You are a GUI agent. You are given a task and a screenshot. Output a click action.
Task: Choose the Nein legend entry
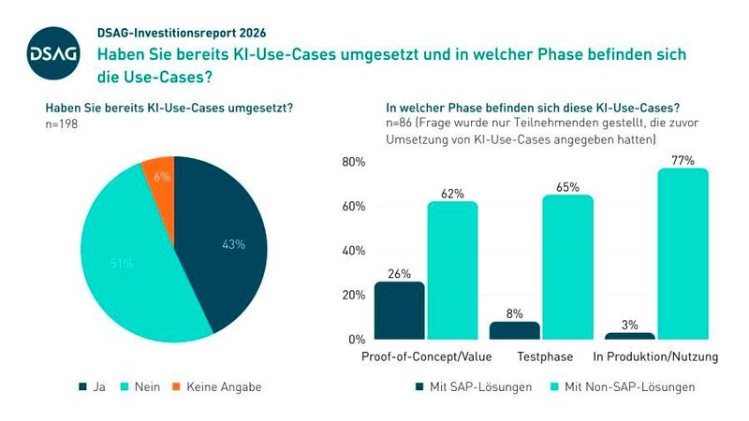(x=141, y=386)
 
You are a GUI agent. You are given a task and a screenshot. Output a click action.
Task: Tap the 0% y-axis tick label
(x=355, y=340)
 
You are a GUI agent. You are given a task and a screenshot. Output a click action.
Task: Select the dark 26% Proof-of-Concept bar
(x=399, y=311)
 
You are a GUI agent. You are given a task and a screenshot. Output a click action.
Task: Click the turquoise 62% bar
(x=452, y=270)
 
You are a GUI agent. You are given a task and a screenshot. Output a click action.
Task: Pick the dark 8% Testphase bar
(x=514, y=330)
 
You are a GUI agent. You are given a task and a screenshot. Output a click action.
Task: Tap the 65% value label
(x=567, y=186)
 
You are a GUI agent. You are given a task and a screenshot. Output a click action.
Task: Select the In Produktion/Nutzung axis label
(x=655, y=358)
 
